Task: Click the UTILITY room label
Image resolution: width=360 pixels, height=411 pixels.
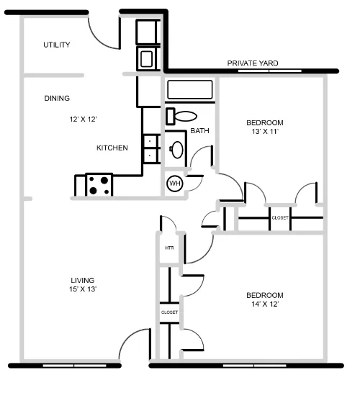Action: coord(56,45)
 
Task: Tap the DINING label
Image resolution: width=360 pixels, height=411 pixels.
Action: coord(57,98)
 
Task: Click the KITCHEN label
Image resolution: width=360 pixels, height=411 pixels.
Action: coord(112,148)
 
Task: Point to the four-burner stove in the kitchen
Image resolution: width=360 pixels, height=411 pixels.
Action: coord(100,185)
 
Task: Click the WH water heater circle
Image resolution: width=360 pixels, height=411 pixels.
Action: coord(174,184)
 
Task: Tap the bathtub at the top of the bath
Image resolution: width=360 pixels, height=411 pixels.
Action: coord(190,90)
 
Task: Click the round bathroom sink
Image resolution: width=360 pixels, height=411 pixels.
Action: coord(176,150)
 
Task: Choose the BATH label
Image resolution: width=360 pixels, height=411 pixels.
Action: coord(199,131)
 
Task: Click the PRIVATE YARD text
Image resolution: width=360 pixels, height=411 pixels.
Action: coord(253,63)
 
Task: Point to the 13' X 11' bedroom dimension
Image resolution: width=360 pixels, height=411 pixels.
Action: coord(264,132)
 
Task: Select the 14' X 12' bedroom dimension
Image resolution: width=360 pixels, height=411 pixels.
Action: coord(264,305)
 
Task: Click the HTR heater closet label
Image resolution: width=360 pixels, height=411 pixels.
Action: coord(170,248)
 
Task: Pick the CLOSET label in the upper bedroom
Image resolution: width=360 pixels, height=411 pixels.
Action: coord(280,217)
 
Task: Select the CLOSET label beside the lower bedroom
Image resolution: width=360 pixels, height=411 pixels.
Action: coord(169,312)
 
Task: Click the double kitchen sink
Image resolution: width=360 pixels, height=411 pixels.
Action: coord(150,148)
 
